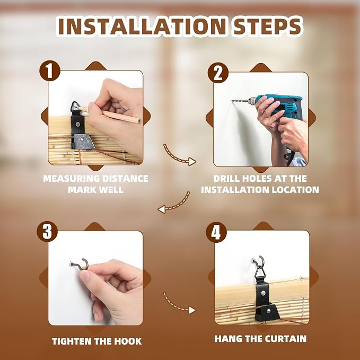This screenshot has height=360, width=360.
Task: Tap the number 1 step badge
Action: pos(50,71)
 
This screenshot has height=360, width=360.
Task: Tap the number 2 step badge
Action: pos(218,73)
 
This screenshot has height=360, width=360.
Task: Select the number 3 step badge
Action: pos(47,231)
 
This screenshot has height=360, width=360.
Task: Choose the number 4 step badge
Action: pos(216,232)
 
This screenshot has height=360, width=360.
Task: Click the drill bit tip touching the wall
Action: pos(232,101)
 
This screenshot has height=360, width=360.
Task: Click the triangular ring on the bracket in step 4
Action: pos(259,272)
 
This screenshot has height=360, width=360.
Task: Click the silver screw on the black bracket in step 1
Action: pos(78,124)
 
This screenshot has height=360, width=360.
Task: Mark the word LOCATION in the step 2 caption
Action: pos(295,190)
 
